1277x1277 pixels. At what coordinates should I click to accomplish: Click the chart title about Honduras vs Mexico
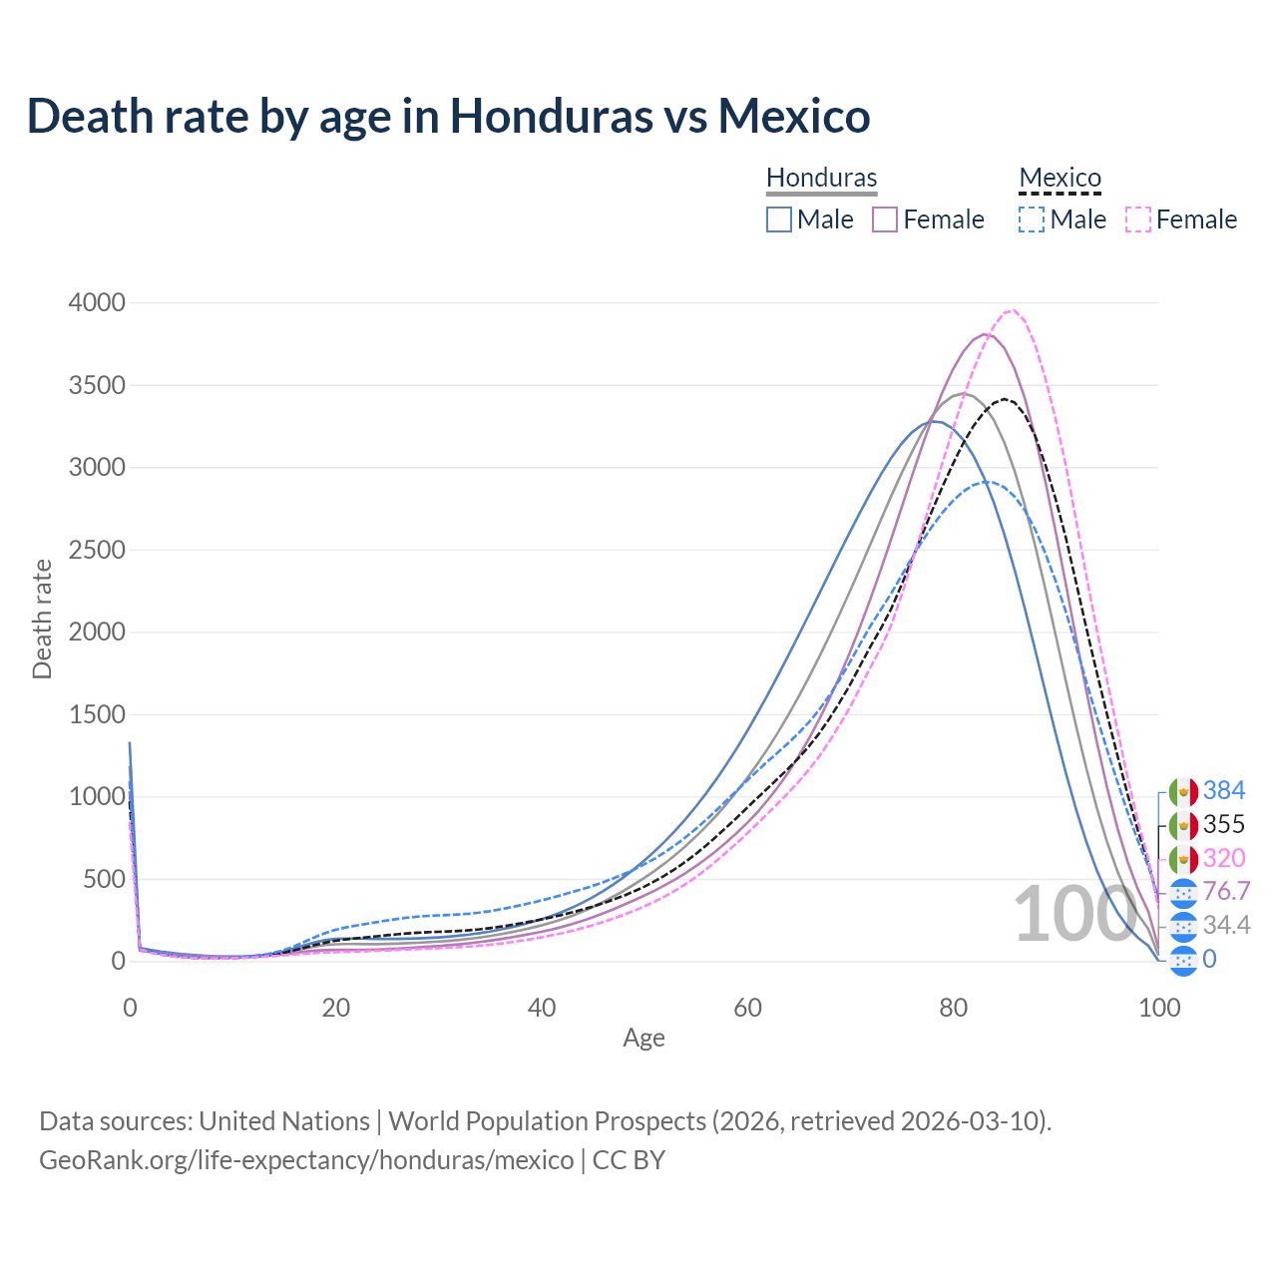pos(448,116)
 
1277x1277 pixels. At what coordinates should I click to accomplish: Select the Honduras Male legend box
pos(779,219)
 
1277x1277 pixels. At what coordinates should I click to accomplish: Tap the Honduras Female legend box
pos(886,219)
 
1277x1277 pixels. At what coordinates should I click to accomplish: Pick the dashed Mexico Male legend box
pos(1032,219)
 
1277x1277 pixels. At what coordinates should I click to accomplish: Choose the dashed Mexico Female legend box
pos(1138,219)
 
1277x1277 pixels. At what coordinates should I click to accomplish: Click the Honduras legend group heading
pos(821,179)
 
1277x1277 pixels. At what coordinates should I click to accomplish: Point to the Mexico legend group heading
pos(1060,179)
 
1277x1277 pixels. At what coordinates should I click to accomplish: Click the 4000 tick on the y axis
pos(97,302)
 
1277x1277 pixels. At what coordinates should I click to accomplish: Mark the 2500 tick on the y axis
pos(97,550)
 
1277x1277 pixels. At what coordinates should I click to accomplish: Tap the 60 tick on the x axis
pos(747,1008)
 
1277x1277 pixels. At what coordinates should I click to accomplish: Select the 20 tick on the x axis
pos(336,1008)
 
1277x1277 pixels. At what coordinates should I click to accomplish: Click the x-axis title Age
pos(643,1039)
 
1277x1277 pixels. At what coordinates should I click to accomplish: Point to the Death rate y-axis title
pos(42,619)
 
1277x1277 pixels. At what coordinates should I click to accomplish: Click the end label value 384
pos(1224,791)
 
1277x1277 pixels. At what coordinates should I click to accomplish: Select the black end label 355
pos(1224,825)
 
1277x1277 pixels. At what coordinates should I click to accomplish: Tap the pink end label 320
pos(1224,859)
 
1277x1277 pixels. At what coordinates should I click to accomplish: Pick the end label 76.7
pos(1226,892)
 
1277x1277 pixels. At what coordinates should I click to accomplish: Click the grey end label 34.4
pos(1226,926)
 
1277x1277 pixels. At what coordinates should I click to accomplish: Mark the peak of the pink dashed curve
pos(1013,310)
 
